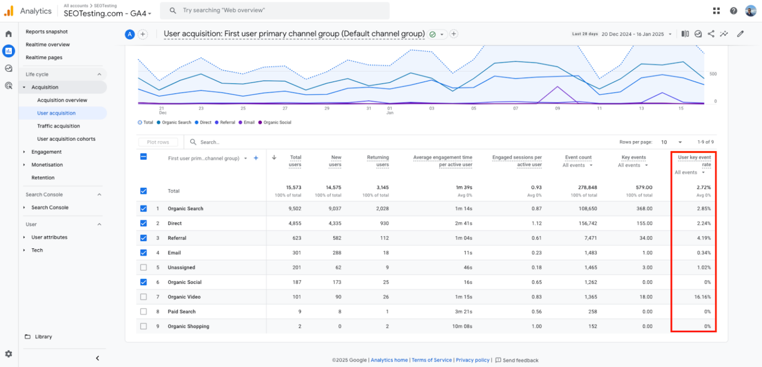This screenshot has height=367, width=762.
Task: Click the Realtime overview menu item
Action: pos(48,45)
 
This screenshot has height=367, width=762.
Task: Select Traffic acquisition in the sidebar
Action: pos(58,126)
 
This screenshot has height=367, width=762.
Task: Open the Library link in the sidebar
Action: pos(43,337)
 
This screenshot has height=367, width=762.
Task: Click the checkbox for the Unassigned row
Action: pos(143,268)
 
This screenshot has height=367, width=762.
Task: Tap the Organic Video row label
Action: pos(184,297)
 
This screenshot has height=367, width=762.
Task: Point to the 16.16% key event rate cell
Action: pos(702,297)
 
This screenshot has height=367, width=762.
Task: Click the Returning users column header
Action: pos(378,161)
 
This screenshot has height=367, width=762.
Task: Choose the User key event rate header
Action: pos(694,161)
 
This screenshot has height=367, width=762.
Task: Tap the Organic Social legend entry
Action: pos(277,123)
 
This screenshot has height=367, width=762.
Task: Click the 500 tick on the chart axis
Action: pos(712,74)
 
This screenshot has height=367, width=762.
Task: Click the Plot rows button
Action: pos(158,142)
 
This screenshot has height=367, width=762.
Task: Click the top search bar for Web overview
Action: pos(278,10)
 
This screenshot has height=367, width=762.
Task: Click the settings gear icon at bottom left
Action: pos(8,354)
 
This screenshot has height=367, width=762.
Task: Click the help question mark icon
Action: pos(733,11)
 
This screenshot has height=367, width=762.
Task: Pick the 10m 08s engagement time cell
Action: pos(462,326)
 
